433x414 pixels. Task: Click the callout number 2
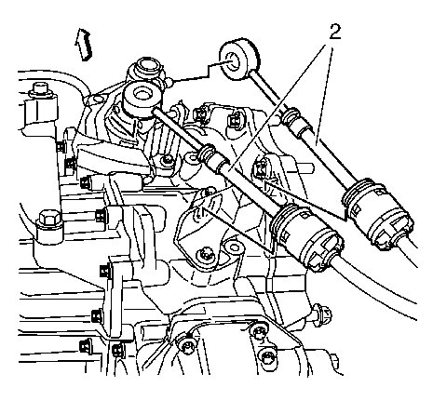point(334,33)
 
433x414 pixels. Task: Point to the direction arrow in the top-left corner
point(83,44)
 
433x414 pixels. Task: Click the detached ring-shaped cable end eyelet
point(238,62)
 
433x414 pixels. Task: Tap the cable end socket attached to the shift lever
point(142,100)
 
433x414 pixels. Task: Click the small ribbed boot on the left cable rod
point(206,153)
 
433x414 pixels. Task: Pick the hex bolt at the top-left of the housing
point(39,89)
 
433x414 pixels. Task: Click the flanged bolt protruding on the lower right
point(321,314)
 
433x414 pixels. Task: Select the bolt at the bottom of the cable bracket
point(205,255)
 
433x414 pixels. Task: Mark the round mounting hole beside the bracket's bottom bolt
point(234,247)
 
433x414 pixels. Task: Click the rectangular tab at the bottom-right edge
point(334,360)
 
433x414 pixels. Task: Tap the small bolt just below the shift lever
point(168,161)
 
